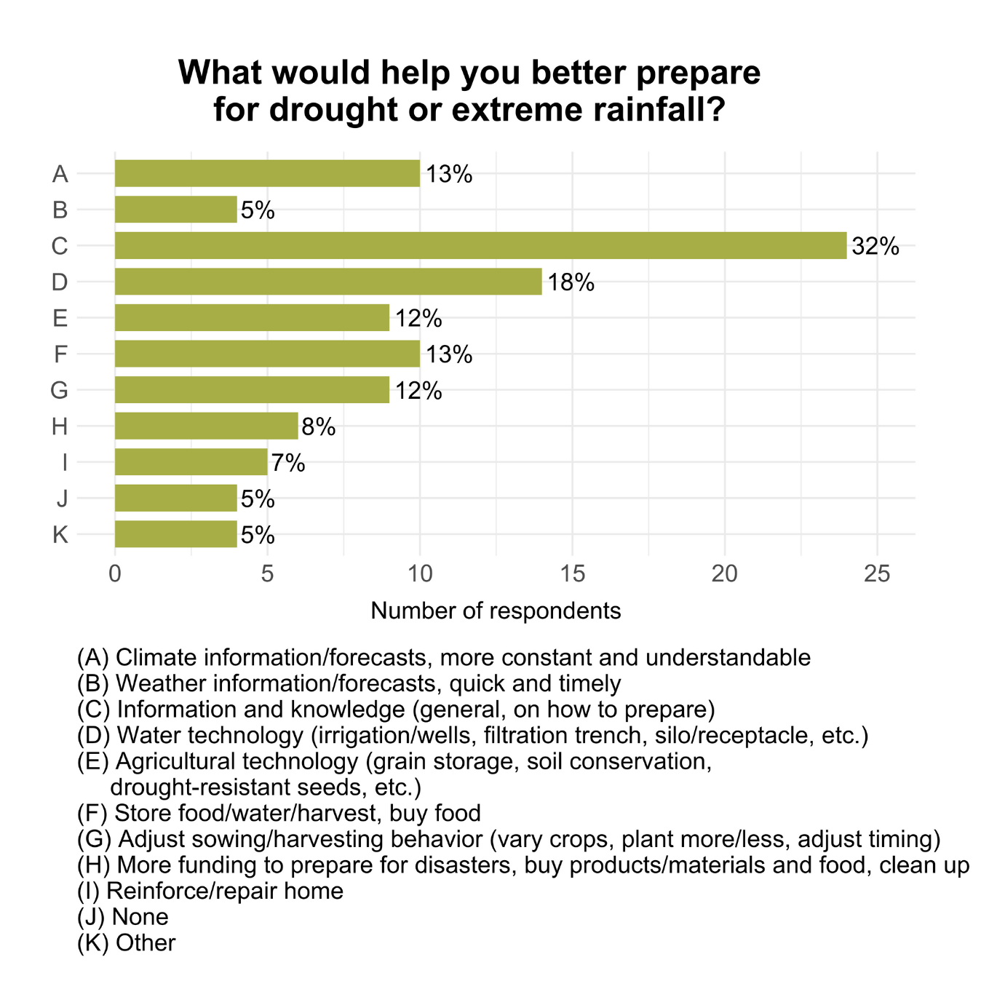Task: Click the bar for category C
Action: point(480,245)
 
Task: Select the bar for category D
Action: point(328,282)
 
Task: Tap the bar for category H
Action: point(206,426)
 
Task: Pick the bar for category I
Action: point(191,462)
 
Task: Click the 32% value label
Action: point(875,247)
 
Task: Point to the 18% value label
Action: point(571,282)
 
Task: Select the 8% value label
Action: point(319,426)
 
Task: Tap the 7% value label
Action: point(288,463)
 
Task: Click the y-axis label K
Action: point(60,536)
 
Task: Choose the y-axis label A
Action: point(60,175)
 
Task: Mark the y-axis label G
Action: point(59,391)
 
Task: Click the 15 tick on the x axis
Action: point(573,574)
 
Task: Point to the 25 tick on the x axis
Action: point(877,574)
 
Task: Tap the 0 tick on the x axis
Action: point(115,574)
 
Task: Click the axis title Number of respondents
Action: point(496,611)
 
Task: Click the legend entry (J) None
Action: point(123,917)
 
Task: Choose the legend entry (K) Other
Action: point(127,943)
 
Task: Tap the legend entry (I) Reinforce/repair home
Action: point(210,891)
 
